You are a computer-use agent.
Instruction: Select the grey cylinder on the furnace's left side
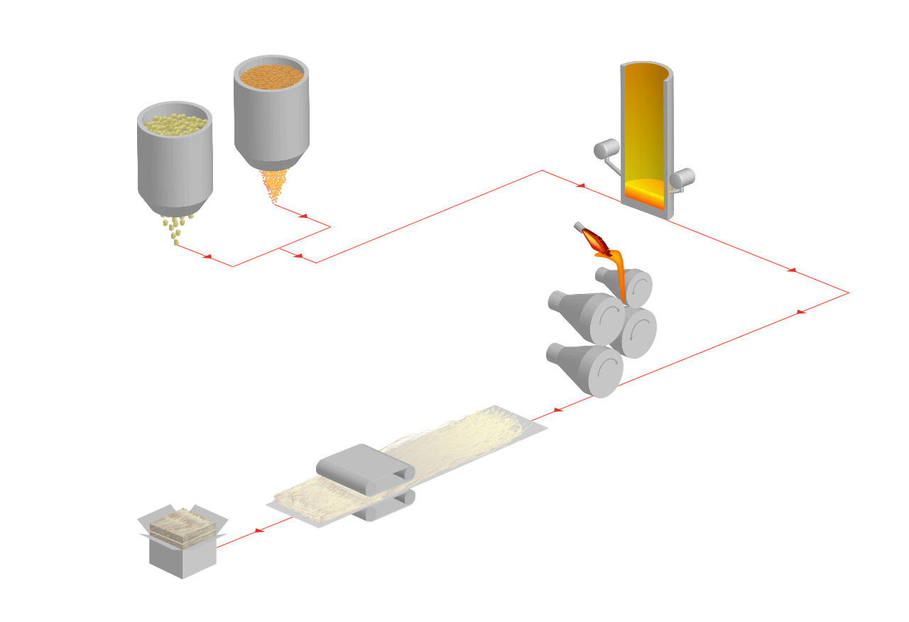point(606,149)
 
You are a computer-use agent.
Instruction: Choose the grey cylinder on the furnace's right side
point(684,178)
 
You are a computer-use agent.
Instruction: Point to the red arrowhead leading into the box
point(258,530)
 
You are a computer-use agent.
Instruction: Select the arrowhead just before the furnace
point(580,185)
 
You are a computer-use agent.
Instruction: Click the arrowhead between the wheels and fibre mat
point(557,410)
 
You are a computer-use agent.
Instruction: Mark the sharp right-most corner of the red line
point(849,293)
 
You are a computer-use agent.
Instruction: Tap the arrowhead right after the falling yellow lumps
point(207,256)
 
